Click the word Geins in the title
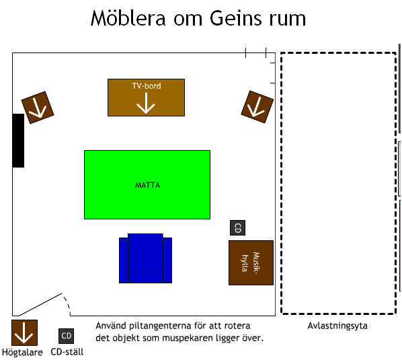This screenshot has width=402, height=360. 236,18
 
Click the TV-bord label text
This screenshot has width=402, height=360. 147,85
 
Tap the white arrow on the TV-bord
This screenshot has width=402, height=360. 146,103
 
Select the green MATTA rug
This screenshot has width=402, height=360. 147,185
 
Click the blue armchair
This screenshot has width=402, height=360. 145,258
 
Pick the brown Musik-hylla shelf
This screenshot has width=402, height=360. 251,262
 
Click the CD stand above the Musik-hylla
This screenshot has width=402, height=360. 238,227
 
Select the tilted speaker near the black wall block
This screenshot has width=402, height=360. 38,108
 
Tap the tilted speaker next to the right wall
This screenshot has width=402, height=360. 257,107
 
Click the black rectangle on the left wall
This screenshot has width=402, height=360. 18,141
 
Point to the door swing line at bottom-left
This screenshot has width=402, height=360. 40,305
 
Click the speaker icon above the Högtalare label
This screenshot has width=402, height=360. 24,332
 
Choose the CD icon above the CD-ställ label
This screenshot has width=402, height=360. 66,336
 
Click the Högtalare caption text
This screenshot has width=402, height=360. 22,353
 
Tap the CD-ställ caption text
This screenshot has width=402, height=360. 67,351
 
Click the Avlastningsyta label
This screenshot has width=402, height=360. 337,326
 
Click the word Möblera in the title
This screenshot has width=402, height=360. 128,18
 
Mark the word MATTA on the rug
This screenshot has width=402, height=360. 147,185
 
